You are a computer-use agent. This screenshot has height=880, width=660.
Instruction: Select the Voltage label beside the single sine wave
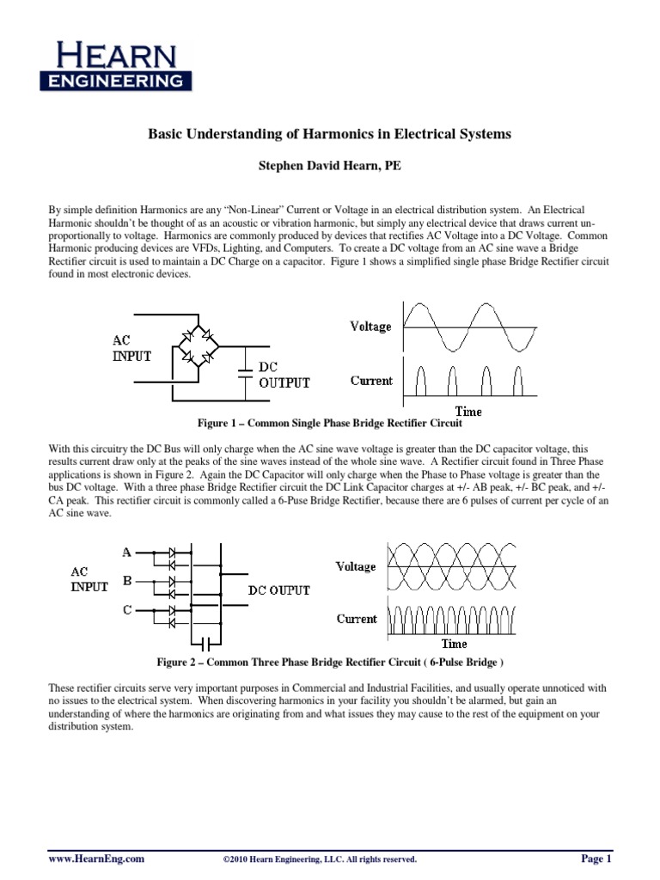370,327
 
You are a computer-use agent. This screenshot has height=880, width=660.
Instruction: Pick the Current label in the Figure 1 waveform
371,381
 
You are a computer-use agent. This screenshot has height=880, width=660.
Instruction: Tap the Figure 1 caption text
330,424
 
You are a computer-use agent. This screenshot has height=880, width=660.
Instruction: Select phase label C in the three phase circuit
127,610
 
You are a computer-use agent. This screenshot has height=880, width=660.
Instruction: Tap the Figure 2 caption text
330,663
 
